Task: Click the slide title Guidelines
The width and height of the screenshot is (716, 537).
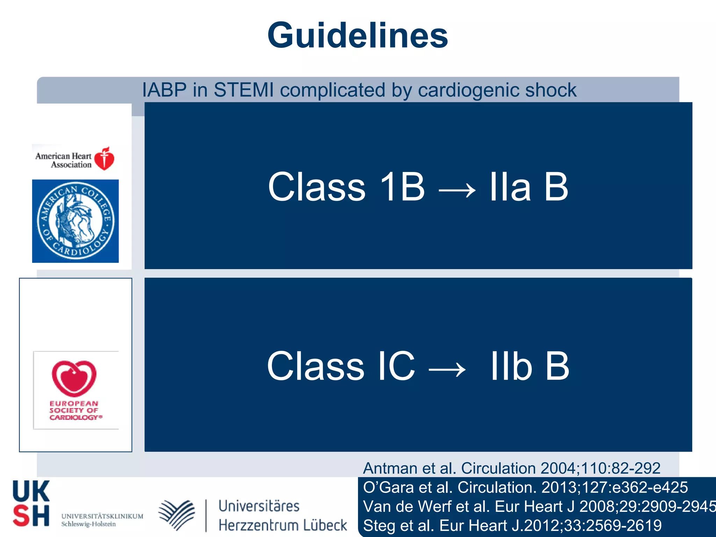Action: [358, 35]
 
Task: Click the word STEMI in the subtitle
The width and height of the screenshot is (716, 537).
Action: [244, 90]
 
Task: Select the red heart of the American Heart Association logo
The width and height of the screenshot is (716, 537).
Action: [104, 159]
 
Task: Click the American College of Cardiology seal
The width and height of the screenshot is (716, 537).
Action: [76, 221]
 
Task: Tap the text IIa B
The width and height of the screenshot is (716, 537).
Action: [528, 187]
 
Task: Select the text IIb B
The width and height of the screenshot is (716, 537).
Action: [530, 366]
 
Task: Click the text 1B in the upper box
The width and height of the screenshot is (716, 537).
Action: [402, 187]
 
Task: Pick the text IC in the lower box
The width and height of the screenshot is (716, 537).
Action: [396, 366]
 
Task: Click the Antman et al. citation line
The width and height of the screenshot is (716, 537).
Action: [511, 468]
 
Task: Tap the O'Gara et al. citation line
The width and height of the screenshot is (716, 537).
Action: [525, 487]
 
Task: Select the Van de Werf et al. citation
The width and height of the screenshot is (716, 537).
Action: [538, 506]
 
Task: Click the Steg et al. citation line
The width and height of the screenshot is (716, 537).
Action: [512, 525]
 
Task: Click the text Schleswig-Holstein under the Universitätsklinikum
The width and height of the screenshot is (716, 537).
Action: [88, 524]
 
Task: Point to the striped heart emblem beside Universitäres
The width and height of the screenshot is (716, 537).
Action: [177, 515]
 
